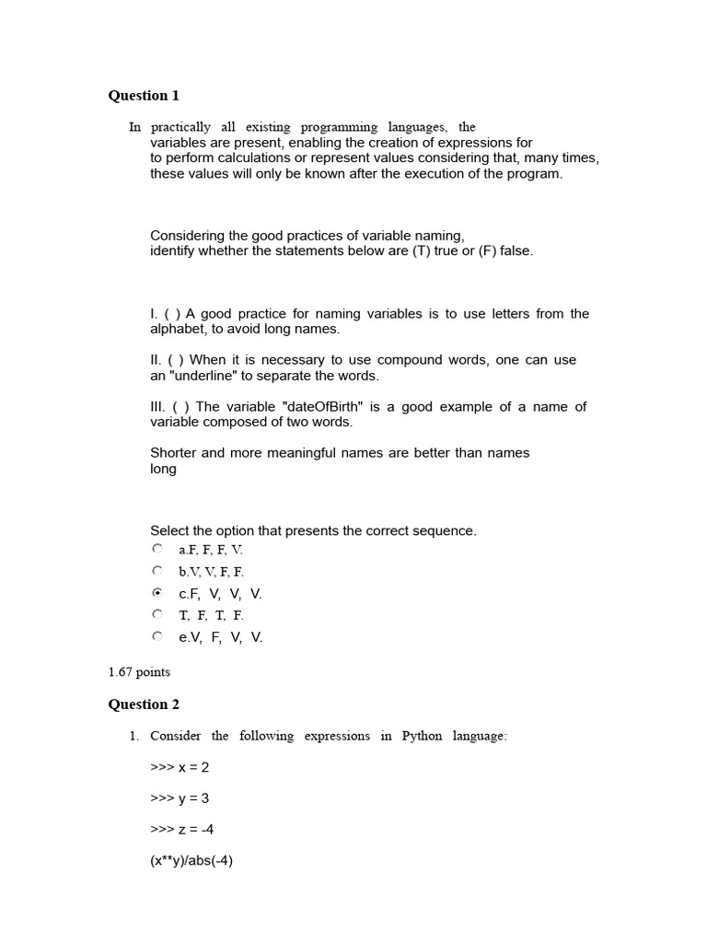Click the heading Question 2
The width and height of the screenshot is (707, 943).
(x=144, y=704)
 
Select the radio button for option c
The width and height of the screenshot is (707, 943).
(x=157, y=594)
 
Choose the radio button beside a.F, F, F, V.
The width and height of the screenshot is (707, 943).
(x=157, y=549)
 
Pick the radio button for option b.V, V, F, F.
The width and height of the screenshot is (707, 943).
(x=157, y=571)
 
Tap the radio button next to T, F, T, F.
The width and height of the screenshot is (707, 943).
(x=157, y=614)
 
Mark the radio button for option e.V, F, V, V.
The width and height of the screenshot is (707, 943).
(x=157, y=636)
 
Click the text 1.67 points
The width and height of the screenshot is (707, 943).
(x=139, y=672)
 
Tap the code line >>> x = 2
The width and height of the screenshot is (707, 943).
(x=180, y=767)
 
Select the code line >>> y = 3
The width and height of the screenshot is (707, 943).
(x=180, y=798)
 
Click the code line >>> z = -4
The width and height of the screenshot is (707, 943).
(x=182, y=830)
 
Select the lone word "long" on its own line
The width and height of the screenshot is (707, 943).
(x=163, y=469)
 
